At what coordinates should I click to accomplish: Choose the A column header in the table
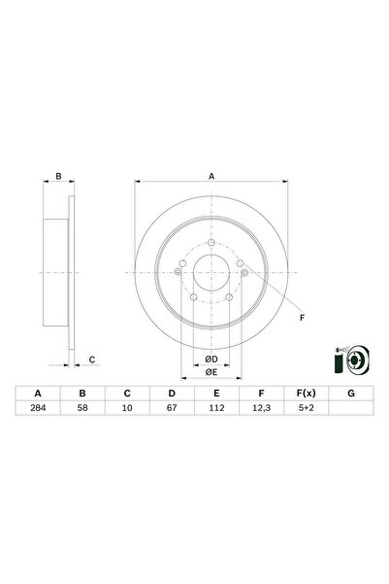[x=39, y=394]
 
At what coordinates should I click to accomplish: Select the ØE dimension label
[x=211, y=371]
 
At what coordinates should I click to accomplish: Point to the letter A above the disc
[x=211, y=177]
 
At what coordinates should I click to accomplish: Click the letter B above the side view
[x=58, y=177]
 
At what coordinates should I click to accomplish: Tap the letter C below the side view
[x=92, y=361]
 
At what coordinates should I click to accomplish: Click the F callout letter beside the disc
[x=301, y=318]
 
